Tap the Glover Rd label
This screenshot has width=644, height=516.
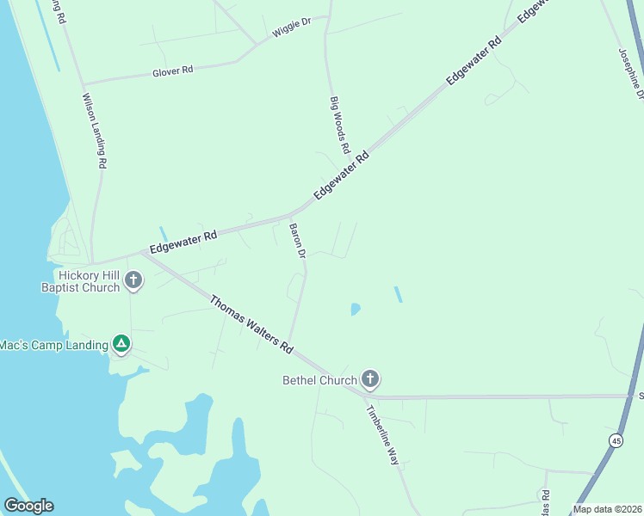[172, 71]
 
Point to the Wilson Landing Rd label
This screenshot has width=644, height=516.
[94, 130]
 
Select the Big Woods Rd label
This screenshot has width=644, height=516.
[339, 125]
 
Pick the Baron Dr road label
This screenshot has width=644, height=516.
[297, 241]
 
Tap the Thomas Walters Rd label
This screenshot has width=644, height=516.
[251, 324]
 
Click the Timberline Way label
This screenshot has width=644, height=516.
[383, 435]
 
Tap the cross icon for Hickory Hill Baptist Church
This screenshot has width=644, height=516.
[133, 279]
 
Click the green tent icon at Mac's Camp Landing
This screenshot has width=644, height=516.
[122, 345]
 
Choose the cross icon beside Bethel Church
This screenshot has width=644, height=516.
[370, 378]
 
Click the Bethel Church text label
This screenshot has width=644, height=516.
[319, 380]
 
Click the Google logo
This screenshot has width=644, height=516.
[28, 506]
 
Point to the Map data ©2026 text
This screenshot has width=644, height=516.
[607, 509]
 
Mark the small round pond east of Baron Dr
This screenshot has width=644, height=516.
[356, 309]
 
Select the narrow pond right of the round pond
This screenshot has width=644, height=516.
[397, 294]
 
